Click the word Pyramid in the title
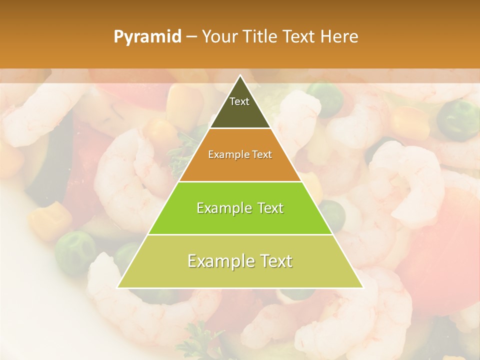[147, 37]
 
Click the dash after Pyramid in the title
[191, 37]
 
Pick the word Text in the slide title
[300, 37]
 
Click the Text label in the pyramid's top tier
[239, 101]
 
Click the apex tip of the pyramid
[240, 76]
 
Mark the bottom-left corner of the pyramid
[118, 287]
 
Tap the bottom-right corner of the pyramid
[362, 287]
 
